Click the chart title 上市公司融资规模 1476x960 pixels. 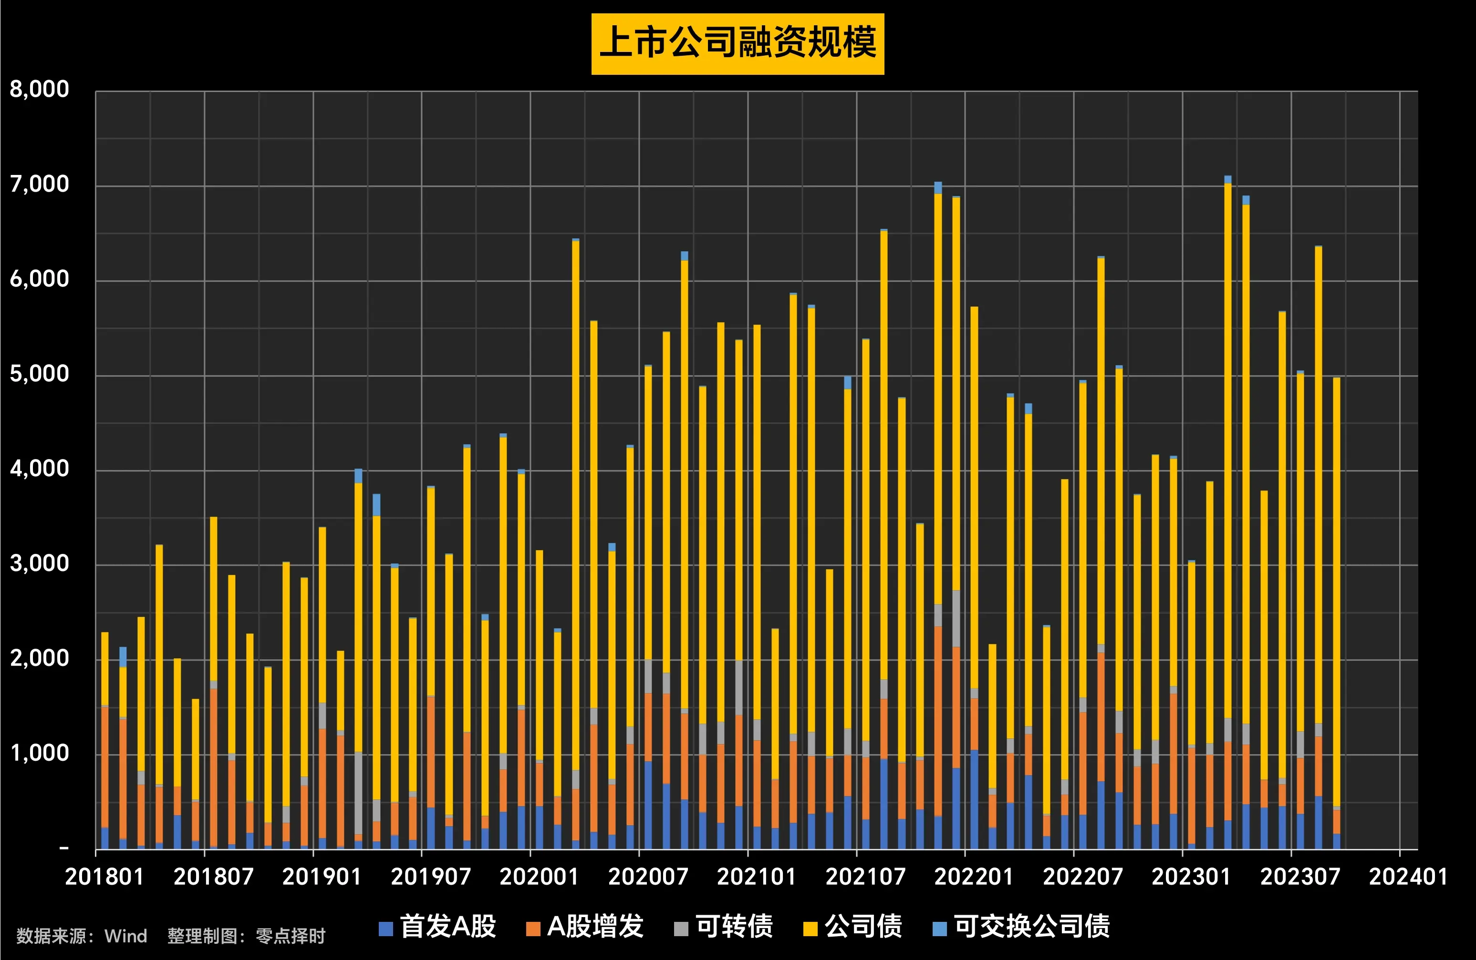[738, 43]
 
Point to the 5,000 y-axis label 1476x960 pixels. [39, 374]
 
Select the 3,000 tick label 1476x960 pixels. [39, 564]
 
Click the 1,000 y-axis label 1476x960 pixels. [39, 754]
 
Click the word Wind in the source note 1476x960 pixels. [126, 936]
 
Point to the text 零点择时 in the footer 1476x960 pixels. [290, 936]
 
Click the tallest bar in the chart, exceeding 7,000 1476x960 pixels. [1228, 496]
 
